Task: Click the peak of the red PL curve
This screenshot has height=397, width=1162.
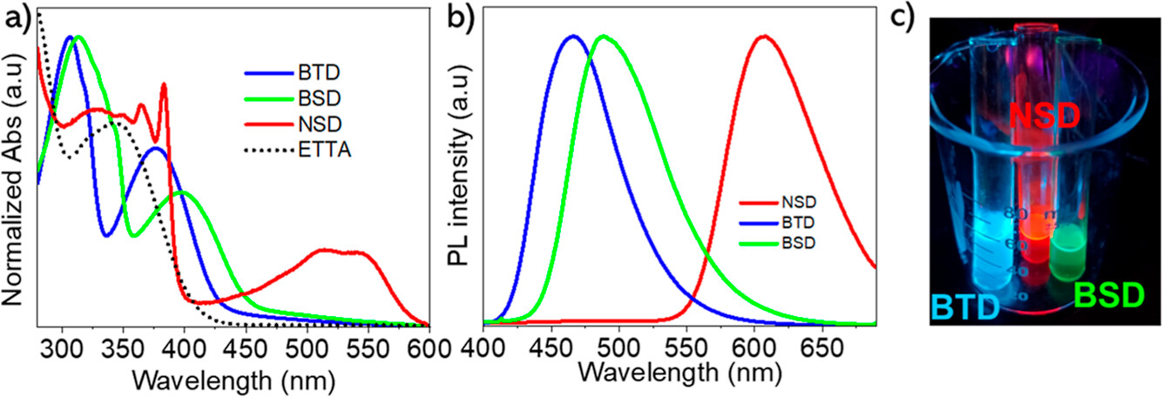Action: point(764,36)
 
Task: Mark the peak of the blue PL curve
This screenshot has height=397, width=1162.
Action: point(572,36)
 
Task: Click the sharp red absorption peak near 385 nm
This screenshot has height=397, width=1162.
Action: point(164,84)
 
